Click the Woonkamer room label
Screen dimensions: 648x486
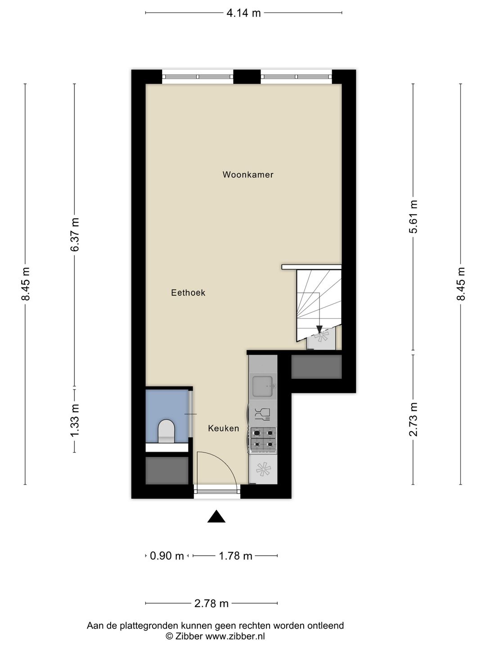coord(248,175)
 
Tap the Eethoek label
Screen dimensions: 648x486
coord(188,292)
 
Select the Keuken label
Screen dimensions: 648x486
coord(223,428)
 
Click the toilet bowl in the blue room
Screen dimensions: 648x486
coord(166,430)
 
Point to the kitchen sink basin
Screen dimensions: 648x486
coord(263,386)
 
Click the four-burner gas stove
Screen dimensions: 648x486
coord(263,439)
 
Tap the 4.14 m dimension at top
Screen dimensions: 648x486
coord(243,13)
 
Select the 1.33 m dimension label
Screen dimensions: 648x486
coord(75,419)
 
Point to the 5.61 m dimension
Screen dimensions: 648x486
coord(414,216)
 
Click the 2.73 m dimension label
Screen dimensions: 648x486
coord(414,419)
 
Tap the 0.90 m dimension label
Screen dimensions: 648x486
coord(166,556)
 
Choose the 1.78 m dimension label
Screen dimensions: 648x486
coord(235,556)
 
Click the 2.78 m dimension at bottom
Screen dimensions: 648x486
coord(211,603)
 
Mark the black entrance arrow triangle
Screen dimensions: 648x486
coord(216,517)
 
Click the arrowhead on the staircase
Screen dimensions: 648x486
coord(319,328)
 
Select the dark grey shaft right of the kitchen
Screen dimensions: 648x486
coord(316,367)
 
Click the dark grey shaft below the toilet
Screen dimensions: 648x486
coord(166,471)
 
